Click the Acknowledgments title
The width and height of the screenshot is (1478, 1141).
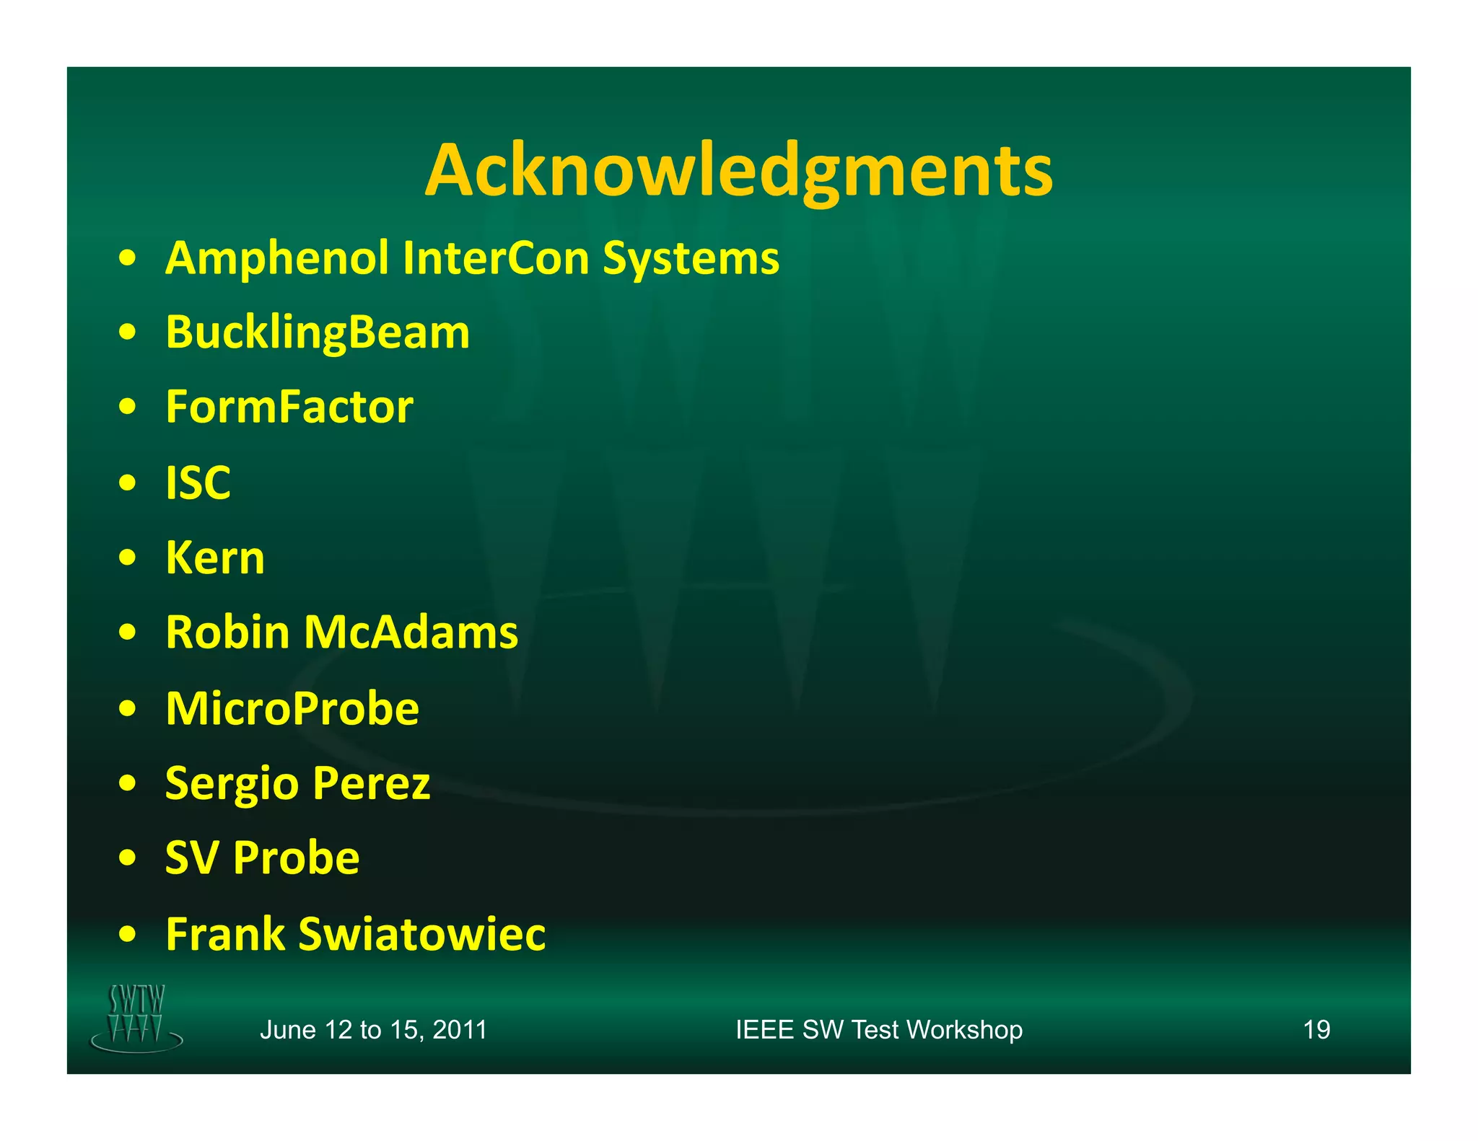[x=738, y=170]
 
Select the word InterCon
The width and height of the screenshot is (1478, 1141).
[x=496, y=258]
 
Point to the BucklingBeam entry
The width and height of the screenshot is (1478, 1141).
[x=318, y=333]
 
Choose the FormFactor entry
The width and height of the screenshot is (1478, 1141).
[x=289, y=407]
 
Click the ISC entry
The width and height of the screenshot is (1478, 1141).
[x=198, y=483]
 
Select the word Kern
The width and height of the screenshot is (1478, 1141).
[x=215, y=558]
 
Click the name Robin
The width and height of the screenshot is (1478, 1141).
[x=228, y=633]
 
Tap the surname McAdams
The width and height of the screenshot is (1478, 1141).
[x=411, y=633]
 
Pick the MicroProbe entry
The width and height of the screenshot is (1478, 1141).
[x=292, y=708]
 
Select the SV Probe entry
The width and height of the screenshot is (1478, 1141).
[x=262, y=858]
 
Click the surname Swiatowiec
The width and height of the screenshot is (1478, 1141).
[x=422, y=934]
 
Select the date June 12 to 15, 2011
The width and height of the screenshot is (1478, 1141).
[x=373, y=1030]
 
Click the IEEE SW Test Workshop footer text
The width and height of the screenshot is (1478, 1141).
[x=878, y=1030]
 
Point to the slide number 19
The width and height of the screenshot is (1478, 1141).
[x=1316, y=1030]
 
